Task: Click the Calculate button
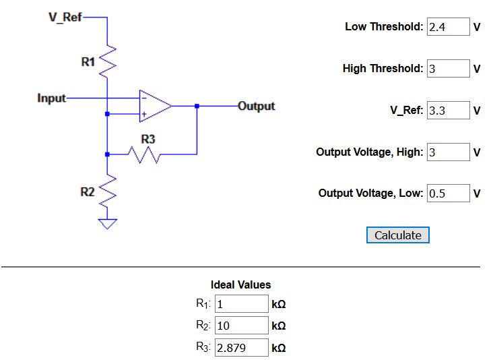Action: click(397, 235)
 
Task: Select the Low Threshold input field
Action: click(448, 27)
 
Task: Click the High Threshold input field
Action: click(448, 69)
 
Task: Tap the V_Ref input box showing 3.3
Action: click(448, 111)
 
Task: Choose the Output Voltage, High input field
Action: click(448, 152)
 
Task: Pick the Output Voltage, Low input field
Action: click(448, 193)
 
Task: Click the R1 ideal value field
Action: click(241, 304)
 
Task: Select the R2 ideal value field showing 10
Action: click(241, 326)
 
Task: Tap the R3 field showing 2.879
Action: click(241, 348)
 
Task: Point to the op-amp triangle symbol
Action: click(154, 106)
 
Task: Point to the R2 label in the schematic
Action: click(88, 192)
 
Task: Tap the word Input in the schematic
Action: click(52, 98)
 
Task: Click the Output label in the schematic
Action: click(256, 106)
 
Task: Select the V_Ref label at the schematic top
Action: click(65, 17)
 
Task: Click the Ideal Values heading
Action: click(240, 285)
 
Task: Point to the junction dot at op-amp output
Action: click(197, 106)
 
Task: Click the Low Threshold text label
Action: click(384, 27)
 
